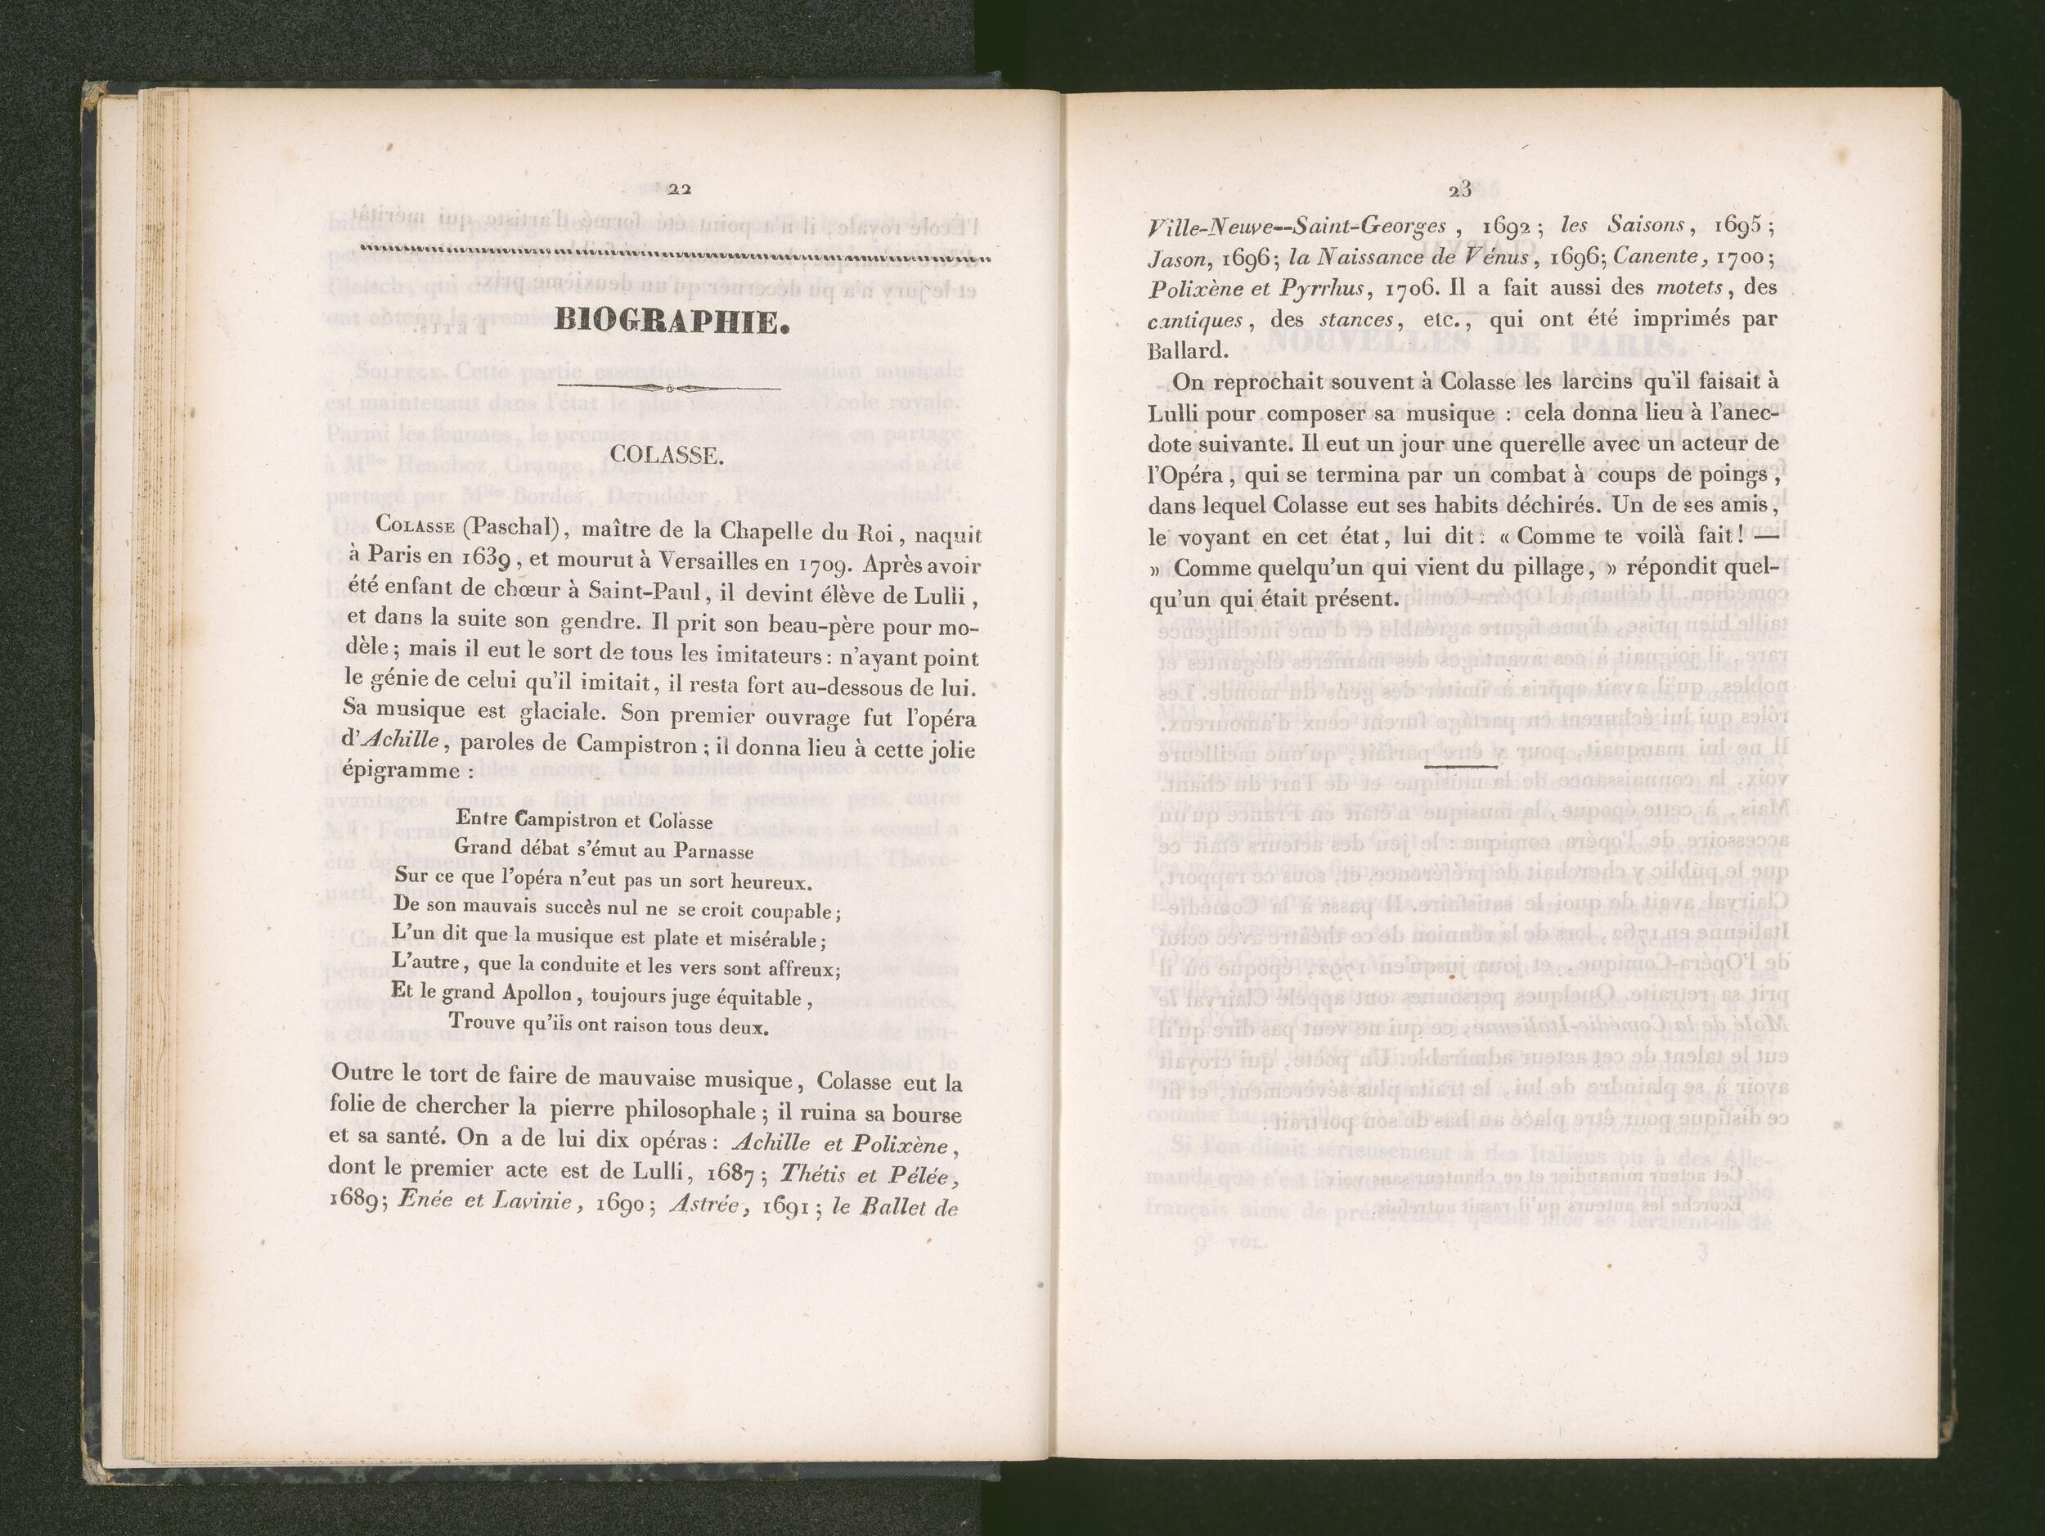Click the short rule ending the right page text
[1462, 767]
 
